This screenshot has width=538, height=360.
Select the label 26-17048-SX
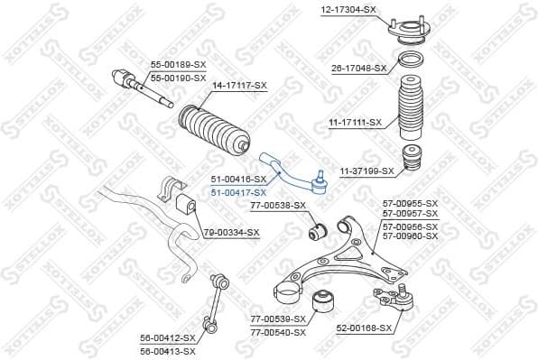pyautogui.click(x=358, y=69)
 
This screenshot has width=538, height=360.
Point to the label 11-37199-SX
pyautogui.click(x=366, y=171)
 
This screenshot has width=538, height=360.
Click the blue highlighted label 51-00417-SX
pyautogui.click(x=238, y=193)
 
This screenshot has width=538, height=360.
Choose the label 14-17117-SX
pyautogui.click(x=240, y=86)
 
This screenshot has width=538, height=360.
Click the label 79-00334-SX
pyautogui.click(x=231, y=233)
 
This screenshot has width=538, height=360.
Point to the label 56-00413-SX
pyautogui.click(x=168, y=350)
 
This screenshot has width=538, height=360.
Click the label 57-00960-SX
pyautogui.click(x=410, y=236)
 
